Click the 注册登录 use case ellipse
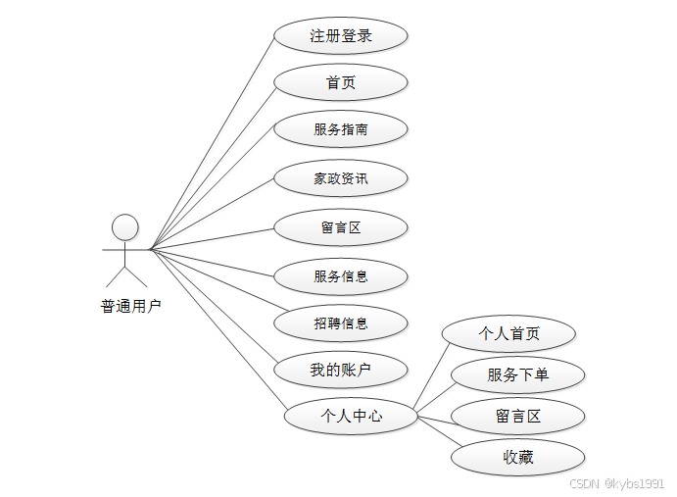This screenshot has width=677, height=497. point(340,36)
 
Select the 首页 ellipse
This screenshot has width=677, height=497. point(340,82)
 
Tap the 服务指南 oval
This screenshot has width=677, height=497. point(340,129)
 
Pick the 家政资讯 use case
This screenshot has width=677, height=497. point(340,178)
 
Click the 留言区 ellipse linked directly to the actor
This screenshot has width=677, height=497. point(340,227)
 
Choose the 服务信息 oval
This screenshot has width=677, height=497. point(340,275)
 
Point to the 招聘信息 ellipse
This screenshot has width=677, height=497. point(340,323)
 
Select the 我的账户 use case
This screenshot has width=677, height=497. point(340,370)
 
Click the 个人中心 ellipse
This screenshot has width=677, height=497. point(351,416)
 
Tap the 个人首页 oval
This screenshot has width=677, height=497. point(508,333)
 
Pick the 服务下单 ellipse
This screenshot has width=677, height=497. point(517,374)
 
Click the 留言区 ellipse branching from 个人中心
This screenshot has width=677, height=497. point(517,417)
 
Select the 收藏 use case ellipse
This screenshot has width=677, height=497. point(517,457)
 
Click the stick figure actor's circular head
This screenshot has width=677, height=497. point(124,227)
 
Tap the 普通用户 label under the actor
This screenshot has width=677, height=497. point(130,306)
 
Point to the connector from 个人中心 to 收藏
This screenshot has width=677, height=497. point(436,430)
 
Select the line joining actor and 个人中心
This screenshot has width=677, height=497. point(217,329)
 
